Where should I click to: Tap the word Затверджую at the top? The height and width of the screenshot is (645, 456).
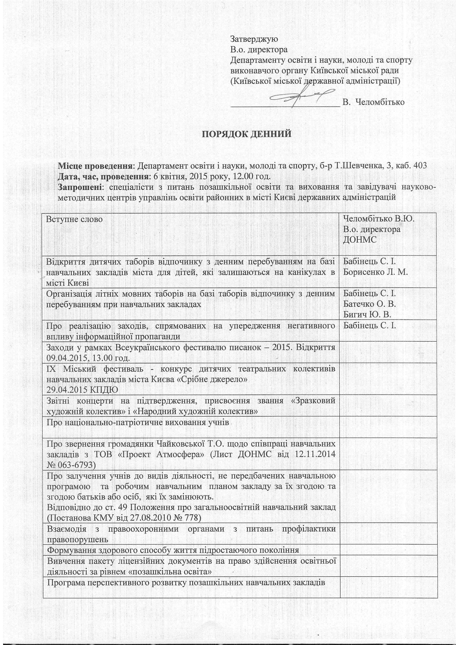point(254,39)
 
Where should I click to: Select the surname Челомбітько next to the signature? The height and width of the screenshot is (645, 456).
point(380,102)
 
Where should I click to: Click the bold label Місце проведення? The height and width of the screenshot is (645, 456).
point(96,166)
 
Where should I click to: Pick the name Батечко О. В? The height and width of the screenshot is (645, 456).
point(369,304)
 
